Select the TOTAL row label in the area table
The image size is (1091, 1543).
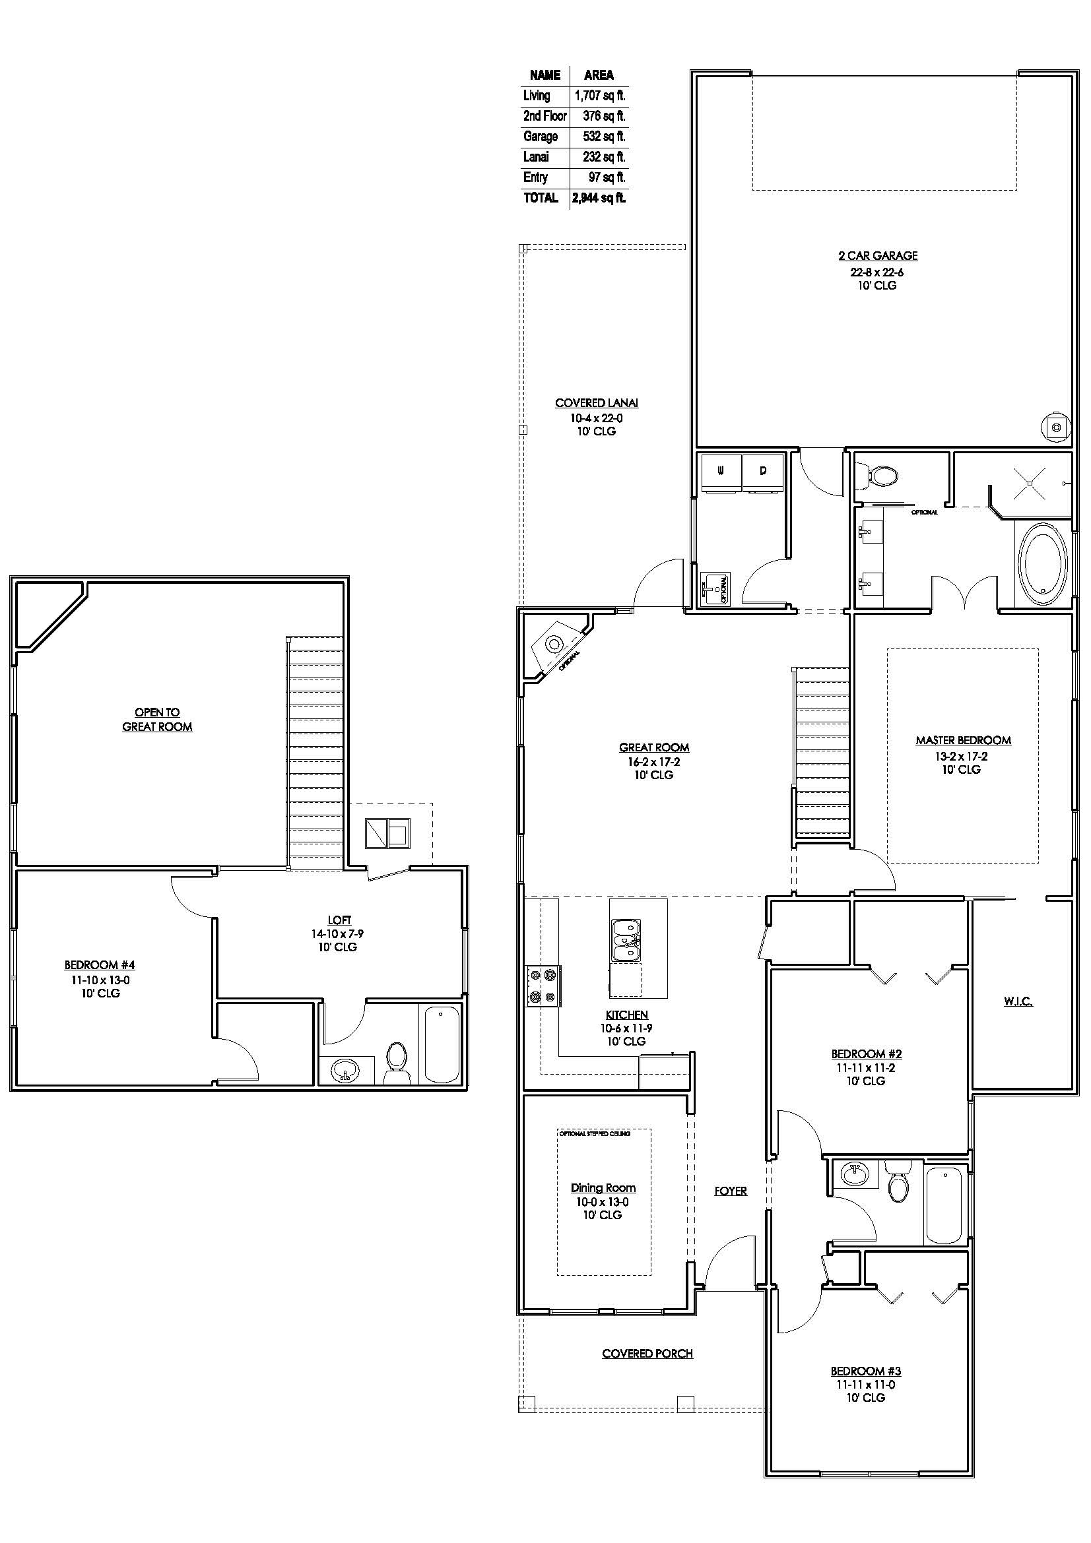pos(541,198)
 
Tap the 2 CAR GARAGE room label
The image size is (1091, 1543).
pos(878,256)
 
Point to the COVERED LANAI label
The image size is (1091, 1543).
pos(596,403)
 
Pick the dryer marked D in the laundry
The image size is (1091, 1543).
pos(763,471)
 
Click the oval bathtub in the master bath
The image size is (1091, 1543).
pos(1043,563)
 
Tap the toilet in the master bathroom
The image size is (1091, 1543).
pos(878,475)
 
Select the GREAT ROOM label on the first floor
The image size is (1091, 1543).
pos(654,747)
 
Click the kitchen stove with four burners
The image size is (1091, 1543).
pos(543,986)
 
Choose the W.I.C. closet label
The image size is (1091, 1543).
pos(1018,1001)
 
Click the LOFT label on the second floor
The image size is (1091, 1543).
pos(339,920)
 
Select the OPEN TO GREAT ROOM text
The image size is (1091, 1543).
pos(157,719)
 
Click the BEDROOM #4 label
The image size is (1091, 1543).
pos(100,965)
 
